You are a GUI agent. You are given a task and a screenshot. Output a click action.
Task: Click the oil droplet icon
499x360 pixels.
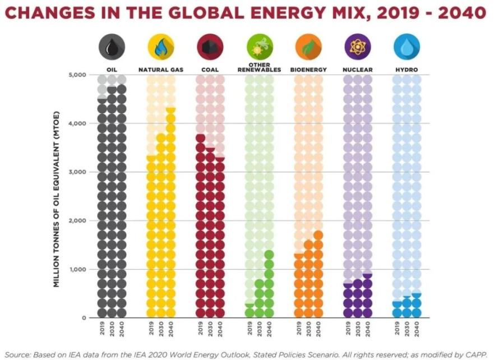pos(112,47)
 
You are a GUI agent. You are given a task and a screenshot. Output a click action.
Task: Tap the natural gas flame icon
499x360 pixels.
pos(161,47)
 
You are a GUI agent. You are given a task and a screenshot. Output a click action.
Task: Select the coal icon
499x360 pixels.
pos(210,47)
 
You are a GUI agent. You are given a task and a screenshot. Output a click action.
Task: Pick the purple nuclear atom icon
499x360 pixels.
pos(358,47)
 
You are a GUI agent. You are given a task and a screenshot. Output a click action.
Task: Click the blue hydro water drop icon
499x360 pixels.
pos(406,47)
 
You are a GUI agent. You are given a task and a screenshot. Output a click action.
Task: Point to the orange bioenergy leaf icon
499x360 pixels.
pos(308,47)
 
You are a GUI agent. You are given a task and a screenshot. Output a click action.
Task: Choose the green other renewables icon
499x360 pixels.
pos(260,47)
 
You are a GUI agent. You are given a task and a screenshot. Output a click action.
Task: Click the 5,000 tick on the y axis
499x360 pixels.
pos(77,75)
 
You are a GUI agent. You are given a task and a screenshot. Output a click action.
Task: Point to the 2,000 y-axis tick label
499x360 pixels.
pos(77,220)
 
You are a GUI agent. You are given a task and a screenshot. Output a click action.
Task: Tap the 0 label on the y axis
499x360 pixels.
pos(84,318)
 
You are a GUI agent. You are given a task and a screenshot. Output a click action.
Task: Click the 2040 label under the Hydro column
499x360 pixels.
pos(417,329)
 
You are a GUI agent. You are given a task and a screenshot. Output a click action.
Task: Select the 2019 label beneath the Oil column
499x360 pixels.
pos(102,329)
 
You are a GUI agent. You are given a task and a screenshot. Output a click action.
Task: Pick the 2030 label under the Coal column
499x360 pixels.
pos(210,329)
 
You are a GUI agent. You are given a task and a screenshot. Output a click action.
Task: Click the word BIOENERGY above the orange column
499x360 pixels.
pos(308,70)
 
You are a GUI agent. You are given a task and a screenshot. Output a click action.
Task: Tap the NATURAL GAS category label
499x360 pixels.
pos(161,70)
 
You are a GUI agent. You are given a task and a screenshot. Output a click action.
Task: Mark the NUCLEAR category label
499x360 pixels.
pos(358,70)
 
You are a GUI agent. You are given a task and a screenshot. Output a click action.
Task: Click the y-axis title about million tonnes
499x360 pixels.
pos(56,199)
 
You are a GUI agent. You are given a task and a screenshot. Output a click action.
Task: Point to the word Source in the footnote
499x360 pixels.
pos(17,354)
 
